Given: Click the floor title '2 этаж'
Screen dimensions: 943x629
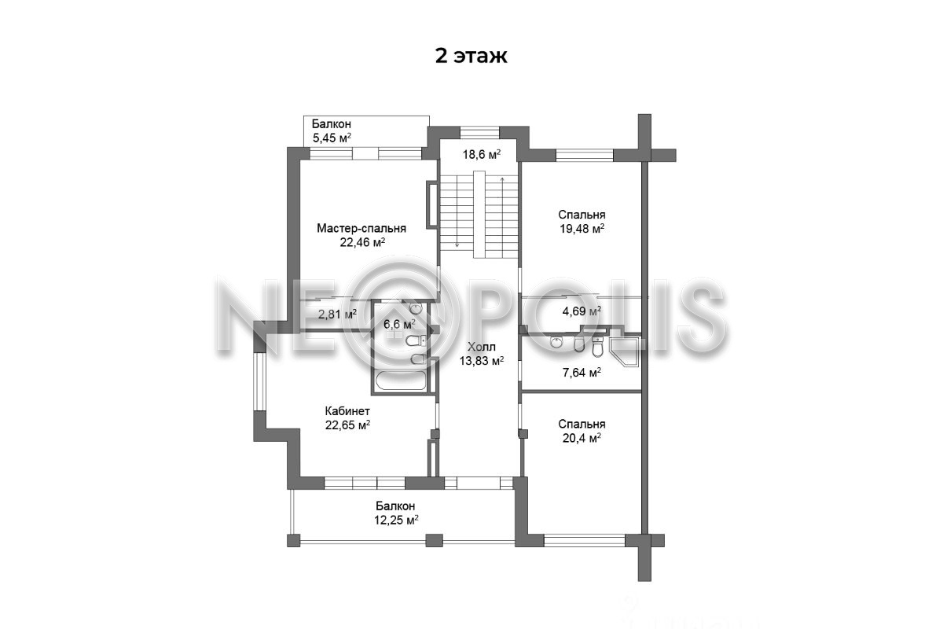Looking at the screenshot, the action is click(471, 56).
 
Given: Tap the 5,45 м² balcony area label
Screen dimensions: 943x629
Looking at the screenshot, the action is click(332, 138).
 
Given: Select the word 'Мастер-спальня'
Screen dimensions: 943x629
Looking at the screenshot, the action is click(361, 228).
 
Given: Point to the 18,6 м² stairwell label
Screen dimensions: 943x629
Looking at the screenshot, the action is click(482, 155).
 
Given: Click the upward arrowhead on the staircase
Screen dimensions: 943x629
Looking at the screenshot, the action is click(502, 179).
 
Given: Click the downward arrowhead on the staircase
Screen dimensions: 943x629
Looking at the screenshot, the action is click(457, 245).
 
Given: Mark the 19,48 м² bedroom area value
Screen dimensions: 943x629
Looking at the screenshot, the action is click(582, 229).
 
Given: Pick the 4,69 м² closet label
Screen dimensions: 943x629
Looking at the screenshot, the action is click(582, 311).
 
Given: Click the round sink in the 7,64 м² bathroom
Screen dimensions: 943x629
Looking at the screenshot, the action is click(556, 342).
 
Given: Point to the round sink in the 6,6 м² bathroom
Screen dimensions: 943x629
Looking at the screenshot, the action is click(416, 309).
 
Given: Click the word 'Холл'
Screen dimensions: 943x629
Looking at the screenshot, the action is click(482, 347).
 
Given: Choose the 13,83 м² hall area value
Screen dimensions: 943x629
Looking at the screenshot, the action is click(482, 361).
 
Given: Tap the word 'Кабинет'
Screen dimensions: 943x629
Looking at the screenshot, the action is click(347, 410).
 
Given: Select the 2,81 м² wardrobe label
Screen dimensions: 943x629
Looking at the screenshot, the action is click(337, 314).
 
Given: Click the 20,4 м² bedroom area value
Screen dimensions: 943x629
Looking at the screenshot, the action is click(582, 439).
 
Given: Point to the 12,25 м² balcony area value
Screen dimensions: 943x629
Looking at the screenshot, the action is click(396, 520).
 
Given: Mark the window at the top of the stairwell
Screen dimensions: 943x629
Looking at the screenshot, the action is click(479, 132).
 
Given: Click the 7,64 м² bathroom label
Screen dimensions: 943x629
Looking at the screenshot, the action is click(582, 373).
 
